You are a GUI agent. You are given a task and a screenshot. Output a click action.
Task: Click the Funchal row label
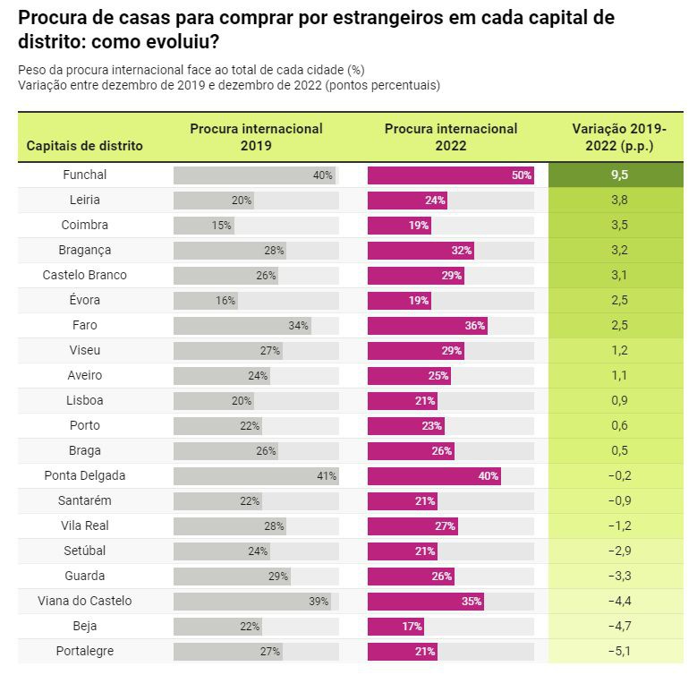(85, 175)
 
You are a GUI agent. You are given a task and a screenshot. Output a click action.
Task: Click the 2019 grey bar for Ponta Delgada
(256, 476)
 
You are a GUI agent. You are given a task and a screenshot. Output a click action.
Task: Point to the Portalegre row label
(85, 652)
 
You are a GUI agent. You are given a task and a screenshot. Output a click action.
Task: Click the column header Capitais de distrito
(85, 146)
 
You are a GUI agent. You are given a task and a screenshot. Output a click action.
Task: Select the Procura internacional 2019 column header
(256, 137)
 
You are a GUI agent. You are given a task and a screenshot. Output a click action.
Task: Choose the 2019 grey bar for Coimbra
(204, 226)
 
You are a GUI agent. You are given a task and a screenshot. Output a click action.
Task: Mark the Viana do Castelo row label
(85, 602)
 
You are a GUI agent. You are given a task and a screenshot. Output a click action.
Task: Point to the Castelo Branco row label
(85, 276)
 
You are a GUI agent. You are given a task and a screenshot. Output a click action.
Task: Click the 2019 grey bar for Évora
(206, 301)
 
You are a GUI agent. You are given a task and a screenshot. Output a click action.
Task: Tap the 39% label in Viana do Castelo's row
(319, 602)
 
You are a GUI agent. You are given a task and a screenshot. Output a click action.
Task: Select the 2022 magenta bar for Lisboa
(403, 401)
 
